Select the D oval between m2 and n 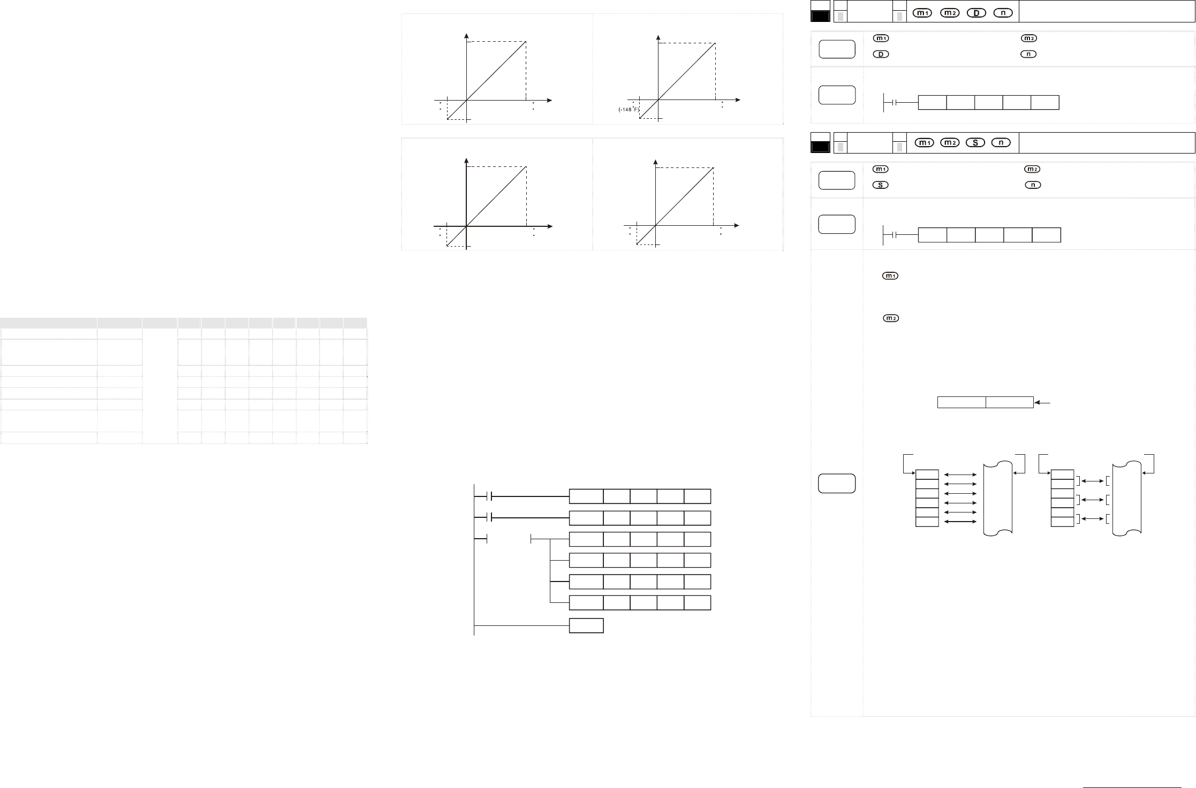(977, 13)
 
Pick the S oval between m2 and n (976, 142)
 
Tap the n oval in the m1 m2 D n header (1003, 13)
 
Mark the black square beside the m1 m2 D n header (820, 17)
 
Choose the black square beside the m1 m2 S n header (820, 147)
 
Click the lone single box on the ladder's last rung (586, 625)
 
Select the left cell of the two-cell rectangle (962, 403)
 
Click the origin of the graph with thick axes (467, 226)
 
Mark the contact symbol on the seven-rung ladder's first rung (489, 496)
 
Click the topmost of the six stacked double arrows (961, 475)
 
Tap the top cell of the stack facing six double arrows (927, 475)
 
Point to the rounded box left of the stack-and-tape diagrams (837, 484)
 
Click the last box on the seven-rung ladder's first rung (697, 496)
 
